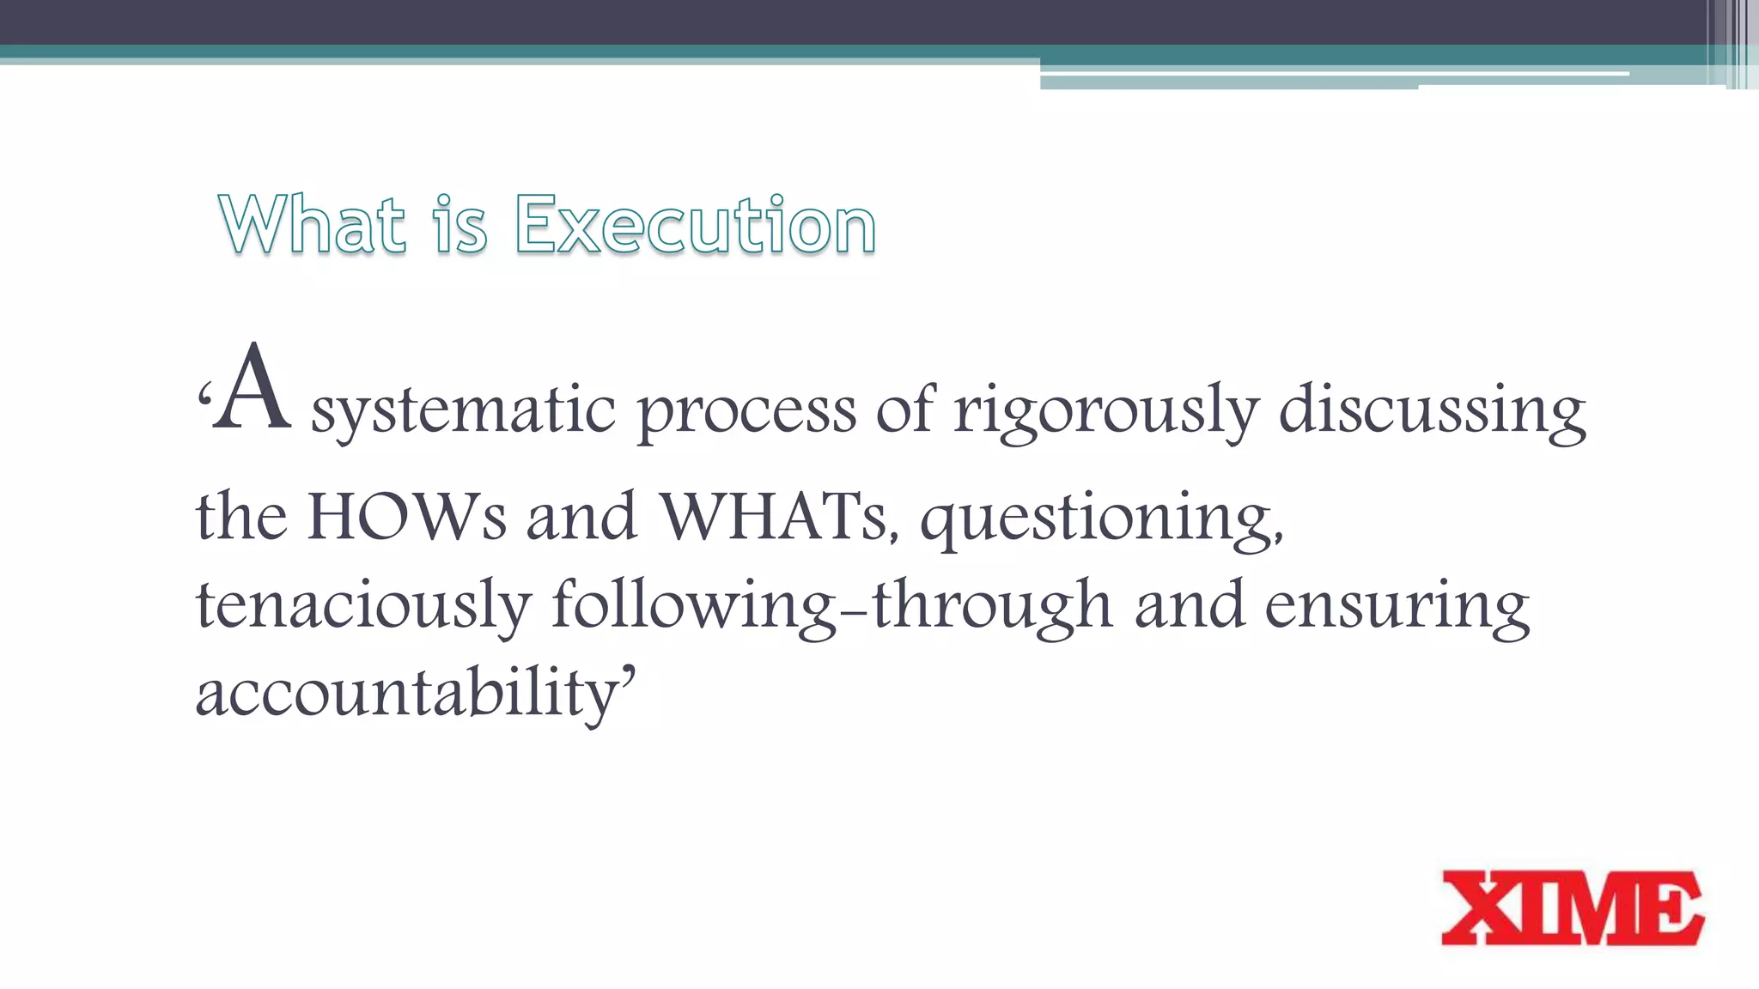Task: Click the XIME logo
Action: tap(1572, 908)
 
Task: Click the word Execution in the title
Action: tap(695, 225)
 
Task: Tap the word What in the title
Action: tap(312, 225)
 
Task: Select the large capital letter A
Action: tap(252, 388)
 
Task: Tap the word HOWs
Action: tap(407, 518)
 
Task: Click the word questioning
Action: tap(1101, 519)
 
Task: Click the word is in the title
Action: tap(460, 225)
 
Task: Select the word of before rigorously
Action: tap(904, 410)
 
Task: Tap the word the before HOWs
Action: tap(241, 518)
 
